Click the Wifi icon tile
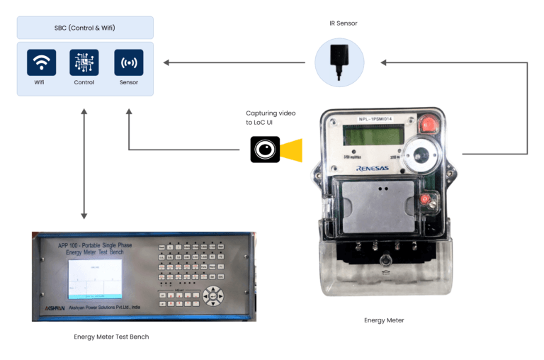point(42,62)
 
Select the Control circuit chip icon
point(84,62)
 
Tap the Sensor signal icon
point(129,62)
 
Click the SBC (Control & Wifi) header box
point(85,28)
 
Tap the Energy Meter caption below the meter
point(384,320)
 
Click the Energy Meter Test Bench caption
point(112,337)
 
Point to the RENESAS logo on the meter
point(372,169)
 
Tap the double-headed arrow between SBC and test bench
point(84,164)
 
